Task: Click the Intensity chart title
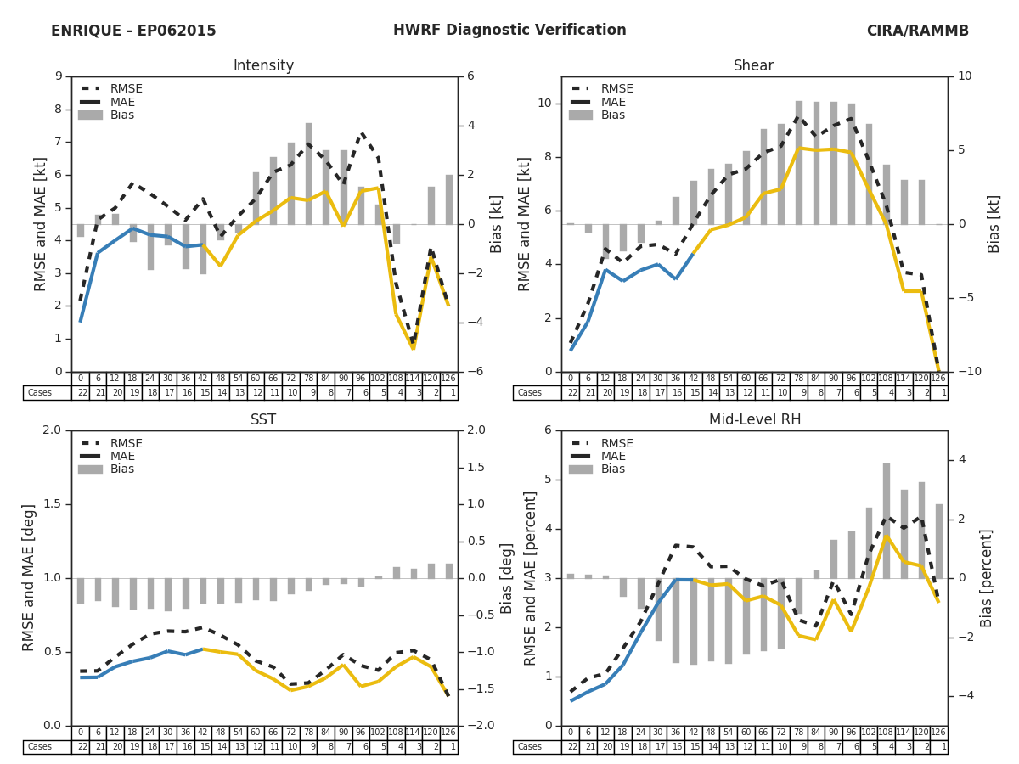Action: click(x=263, y=66)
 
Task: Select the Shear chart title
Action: click(x=753, y=66)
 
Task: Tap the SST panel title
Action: click(x=263, y=420)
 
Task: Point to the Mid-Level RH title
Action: click(x=753, y=420)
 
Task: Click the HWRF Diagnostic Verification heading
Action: click(x=509, y=31)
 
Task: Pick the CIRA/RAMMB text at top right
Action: click(x=917, y=31)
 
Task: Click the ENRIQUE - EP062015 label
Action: click(x=133, y=31)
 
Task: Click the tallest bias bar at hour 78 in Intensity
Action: click(x=308, y=174)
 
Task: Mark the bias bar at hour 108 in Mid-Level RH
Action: click(x=886, y=520)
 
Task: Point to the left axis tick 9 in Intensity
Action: click(x=59, y=76)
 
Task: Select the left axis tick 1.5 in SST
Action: click(x=52, y=504)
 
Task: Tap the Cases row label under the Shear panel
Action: click(x=530, y=393)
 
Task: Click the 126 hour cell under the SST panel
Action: click(x=448, y=733)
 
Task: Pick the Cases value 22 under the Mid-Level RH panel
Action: click(x=570, y=747)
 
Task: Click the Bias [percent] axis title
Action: click(x=986, y=578)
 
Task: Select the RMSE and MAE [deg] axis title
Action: click(x=30, y=578)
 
